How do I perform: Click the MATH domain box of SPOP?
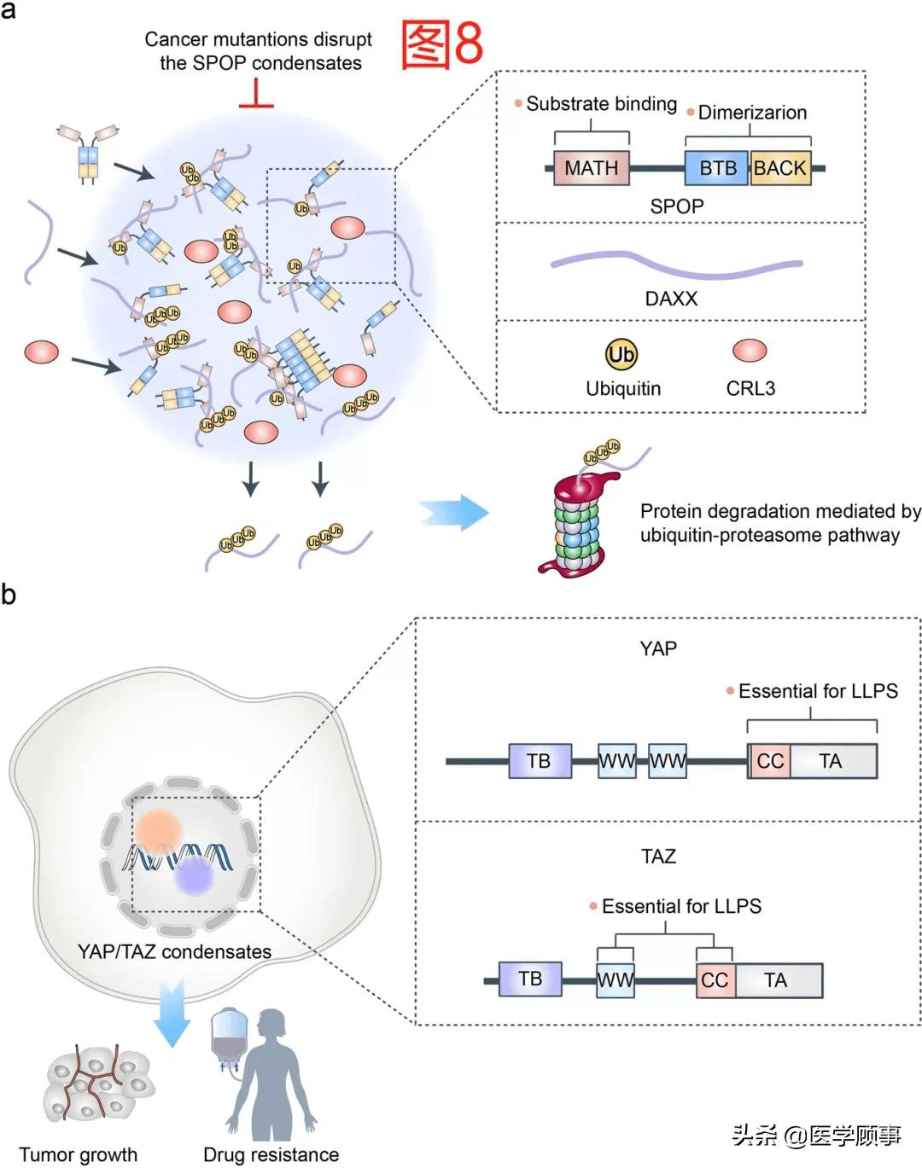[x=591, y=168]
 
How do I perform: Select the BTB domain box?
[x=717, y=168]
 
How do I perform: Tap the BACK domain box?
[x=780, y=168]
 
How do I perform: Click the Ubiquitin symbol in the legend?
[x=621, y=354]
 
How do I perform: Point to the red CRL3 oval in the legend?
[x=750, y=350]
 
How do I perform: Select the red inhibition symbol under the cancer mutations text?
[x=256, y=95]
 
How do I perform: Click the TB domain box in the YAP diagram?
[x=539, y=761]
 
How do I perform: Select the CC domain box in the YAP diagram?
[x=769, y=761]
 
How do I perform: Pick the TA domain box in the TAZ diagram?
[x=777, y=980]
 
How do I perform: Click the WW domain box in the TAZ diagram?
[x=615, y=980]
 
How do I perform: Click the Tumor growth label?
[x=78, y=1154]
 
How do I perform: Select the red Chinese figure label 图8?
[x=442, y=44]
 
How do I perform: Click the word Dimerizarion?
[x=752, y=113]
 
